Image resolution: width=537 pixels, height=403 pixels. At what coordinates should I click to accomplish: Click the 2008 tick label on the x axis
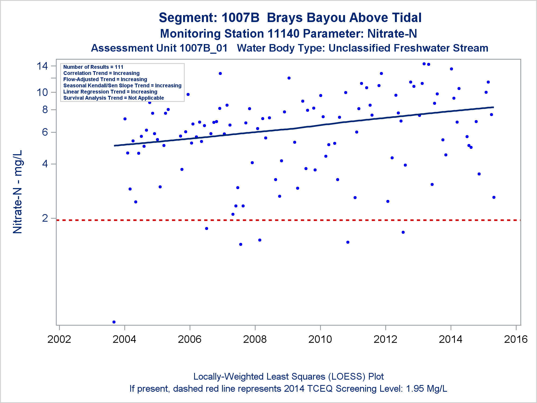click(255, 339)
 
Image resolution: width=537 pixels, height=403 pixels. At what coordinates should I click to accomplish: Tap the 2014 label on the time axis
click(451, 339)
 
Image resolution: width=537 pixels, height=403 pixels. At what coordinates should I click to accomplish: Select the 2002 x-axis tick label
click(59, 339)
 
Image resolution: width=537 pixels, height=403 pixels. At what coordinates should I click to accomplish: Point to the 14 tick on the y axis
click(42, 66)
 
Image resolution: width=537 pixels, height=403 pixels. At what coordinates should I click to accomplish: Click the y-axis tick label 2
click(45, 218)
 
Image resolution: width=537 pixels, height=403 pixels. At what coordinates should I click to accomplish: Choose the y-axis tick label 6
click(45, 132)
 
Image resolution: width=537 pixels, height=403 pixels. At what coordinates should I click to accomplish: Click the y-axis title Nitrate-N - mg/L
click(18, 192)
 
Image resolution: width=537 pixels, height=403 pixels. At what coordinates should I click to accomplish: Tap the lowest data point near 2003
click(114, 322)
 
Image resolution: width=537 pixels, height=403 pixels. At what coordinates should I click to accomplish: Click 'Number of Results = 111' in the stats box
click(93, 67)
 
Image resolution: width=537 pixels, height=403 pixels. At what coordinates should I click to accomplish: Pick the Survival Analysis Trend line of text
click(114, 98)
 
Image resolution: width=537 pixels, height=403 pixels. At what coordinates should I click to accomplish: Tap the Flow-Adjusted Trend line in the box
click(105, 79)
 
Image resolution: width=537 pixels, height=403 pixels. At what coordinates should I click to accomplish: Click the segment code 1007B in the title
click(241, 18)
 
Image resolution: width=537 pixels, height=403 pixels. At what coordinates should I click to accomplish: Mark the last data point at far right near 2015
click(494, 197)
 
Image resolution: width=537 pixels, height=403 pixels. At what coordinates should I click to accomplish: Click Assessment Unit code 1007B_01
click(204, 48)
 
